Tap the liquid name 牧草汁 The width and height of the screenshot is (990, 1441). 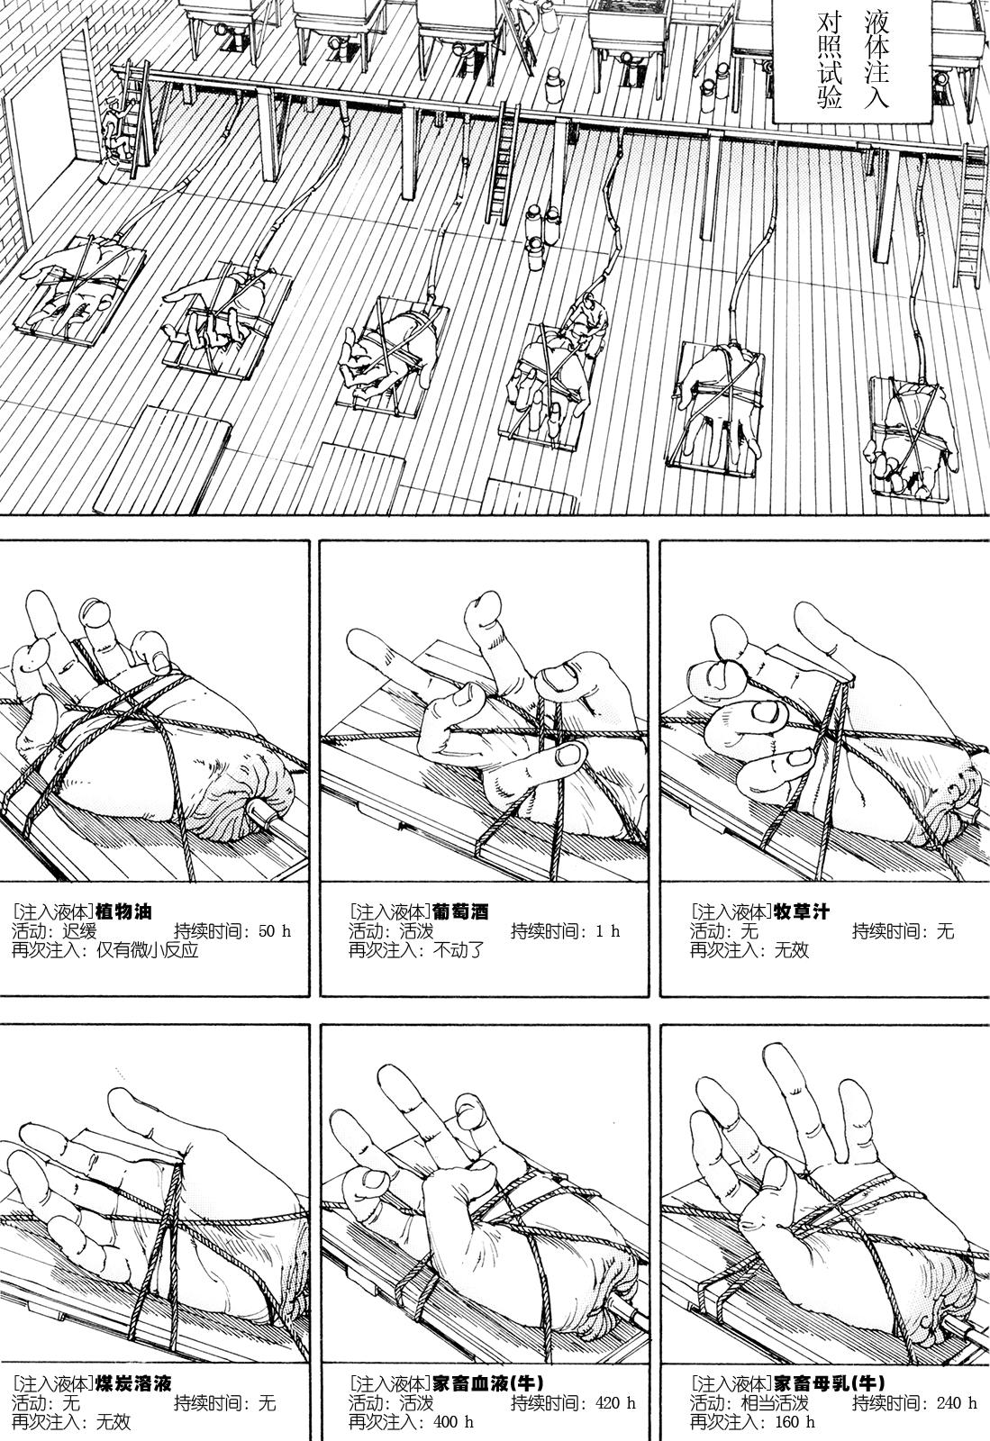(802, 911)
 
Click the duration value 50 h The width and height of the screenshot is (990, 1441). (274, 931)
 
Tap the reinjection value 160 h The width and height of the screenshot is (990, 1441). (790, 1423)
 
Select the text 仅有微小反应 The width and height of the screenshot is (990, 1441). (145, 951)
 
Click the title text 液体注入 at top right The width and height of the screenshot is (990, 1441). (873, 59)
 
